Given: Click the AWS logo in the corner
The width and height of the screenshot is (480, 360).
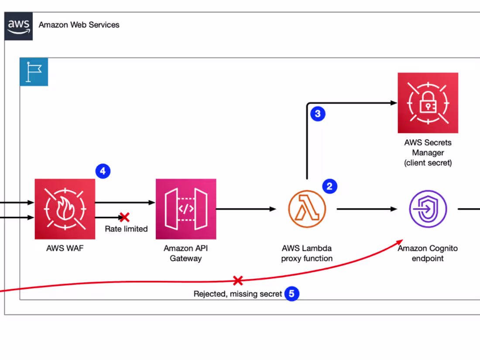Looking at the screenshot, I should coord(19,26).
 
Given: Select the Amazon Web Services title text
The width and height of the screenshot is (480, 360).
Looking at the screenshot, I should coord(79,25).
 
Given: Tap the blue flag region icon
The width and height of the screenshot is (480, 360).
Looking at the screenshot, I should coord(34,72).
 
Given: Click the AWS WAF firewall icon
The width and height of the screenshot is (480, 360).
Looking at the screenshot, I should coord(65,209).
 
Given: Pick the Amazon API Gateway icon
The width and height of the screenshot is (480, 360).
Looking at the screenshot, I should coord(186,209).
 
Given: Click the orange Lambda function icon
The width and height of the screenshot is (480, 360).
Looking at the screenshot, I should coord(307,209).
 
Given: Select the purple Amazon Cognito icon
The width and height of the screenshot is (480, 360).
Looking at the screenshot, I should coord(428,209).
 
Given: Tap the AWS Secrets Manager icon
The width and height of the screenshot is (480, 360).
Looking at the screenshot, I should coord(428,103).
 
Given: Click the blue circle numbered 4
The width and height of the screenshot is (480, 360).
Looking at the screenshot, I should coord(103,171).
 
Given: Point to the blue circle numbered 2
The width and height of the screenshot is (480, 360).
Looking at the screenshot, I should coord(329,187).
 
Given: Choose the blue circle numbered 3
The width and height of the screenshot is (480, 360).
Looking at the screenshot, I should coord(318,114).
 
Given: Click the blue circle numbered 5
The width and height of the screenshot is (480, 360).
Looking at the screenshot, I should coord(292,294).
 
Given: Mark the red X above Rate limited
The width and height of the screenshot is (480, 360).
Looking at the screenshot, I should coord(124,217).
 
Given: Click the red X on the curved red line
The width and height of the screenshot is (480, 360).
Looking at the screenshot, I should coord(238,280).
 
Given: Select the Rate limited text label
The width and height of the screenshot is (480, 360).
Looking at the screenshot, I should coord(126,229).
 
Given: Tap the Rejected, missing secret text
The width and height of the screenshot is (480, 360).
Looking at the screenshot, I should coord(238,294).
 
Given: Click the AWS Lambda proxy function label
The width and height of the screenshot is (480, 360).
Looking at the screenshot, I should coord(307,253).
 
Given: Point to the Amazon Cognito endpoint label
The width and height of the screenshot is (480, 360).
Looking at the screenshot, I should coord(428,253).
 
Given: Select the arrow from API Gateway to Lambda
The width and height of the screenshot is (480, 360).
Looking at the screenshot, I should coord(246,209).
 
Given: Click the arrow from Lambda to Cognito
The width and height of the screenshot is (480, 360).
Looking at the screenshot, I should coord(367,209).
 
